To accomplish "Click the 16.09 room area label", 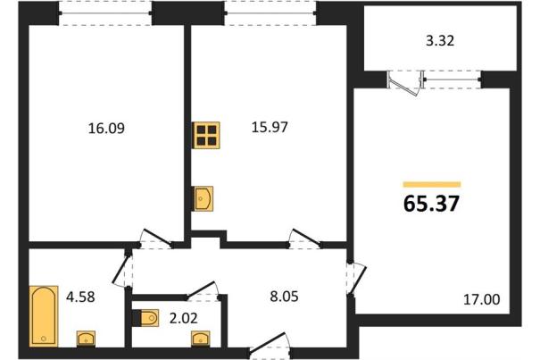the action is click(x=106, y=129).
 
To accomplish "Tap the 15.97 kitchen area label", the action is click(x=270, y=127).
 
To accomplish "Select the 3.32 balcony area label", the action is click(x=440, y=41).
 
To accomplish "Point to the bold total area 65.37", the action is click(x=431, y=203).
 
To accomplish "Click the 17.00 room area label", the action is click(x=481, y=299).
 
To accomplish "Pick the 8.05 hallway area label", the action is click(x=284, y=297).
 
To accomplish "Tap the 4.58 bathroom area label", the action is click(x=80, y=297).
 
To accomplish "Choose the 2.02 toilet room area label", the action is click(x=184, y=318).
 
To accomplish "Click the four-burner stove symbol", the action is click(x=207, y=135).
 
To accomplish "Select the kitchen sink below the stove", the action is click(x=204, y=198).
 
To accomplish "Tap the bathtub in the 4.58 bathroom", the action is click(x=44, y=316).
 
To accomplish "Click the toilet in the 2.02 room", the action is click(x=147, y=318).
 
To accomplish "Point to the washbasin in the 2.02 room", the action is click(x=201, y=339).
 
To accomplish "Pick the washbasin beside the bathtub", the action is click(x=86, y=339).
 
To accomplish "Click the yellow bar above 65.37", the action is click(x=432, y=185).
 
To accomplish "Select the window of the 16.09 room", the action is click(x=105, y=13).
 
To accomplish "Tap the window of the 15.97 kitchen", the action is click(x=270, y=13).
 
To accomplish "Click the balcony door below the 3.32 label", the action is click(x=404, y=82).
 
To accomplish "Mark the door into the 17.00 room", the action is click(x=357, y=279).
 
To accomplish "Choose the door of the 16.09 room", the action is click(x=155, y=238).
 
